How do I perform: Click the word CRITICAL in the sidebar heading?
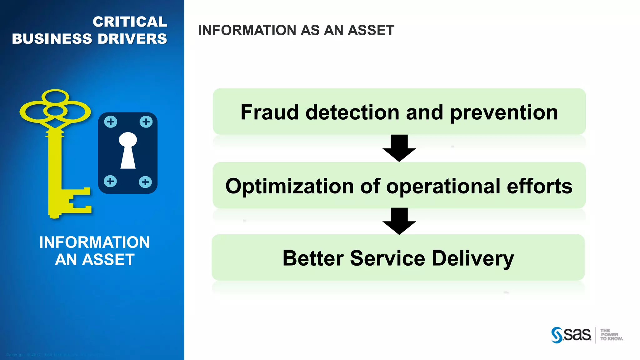[x=130, y=22]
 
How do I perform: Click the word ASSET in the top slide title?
[x=371, y=30]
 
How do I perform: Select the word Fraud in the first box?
[x=270, y=112]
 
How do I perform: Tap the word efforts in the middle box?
[x=539, y=186]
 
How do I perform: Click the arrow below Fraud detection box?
[x=399, y=148]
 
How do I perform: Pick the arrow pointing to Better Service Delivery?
[x=399, y=221]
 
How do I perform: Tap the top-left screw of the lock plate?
[x=111, y=122]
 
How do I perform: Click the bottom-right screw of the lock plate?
[x=145, y=182]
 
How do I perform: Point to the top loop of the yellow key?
[x=55, y=96]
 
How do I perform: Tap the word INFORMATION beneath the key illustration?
[x=94, y=242]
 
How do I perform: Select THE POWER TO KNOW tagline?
[x=611, y=335]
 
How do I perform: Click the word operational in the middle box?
[x=443, y=186]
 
